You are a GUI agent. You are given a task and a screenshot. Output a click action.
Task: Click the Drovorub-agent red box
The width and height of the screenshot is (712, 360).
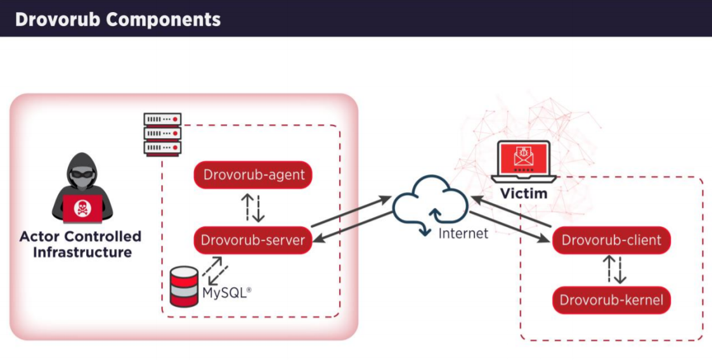click(x=253, y=176)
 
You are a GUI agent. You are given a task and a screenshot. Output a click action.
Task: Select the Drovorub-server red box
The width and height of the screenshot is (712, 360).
click(x=253, y=240)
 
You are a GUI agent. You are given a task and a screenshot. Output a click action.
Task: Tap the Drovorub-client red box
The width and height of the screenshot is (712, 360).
click(x=611, y=240)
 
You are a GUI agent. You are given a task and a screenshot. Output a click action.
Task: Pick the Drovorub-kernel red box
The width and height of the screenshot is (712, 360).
click(x=611, y=300)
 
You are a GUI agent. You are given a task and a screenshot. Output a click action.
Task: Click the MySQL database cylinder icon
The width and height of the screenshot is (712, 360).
click(x=184, y=286)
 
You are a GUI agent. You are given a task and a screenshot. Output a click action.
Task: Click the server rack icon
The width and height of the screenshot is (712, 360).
click(x=163, y=134)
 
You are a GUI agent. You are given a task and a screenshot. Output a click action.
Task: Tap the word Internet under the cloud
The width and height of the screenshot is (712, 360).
click(x=463, y=233)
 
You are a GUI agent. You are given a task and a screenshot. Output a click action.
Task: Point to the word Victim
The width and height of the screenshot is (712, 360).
click(x=524, y=193)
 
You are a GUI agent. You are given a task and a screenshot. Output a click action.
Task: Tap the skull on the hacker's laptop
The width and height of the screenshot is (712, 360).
click(x=82, y=207)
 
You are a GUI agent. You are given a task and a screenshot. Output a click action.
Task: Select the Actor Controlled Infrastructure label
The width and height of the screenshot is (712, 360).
click(x=81, y=245)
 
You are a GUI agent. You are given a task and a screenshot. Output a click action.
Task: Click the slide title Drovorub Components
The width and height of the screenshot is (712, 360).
click(x=118, y=19)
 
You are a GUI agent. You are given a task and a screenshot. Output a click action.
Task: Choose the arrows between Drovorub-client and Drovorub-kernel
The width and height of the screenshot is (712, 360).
click(x=614, y=270)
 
